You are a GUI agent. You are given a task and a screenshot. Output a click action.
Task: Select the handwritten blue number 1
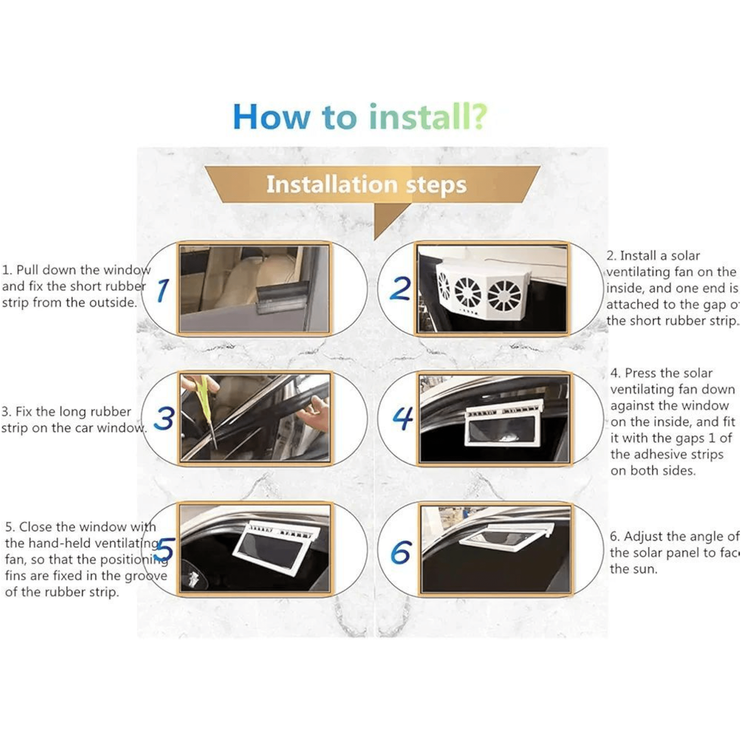(162, 290)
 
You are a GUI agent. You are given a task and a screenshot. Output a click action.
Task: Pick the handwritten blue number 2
(400, 288)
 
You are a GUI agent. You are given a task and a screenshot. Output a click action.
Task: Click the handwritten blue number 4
(403, 418)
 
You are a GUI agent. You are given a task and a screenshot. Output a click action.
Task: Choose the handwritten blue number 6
(401, 552)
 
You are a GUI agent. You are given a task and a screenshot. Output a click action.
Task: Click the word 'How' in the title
(271, 117)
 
